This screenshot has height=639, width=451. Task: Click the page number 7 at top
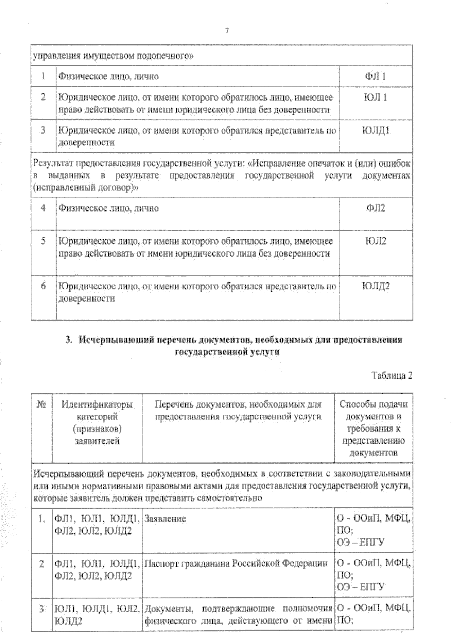tap(227, 30)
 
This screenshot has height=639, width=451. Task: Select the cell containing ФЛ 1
tap(375, 76)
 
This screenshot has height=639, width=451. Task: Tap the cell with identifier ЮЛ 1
tap(375, 97)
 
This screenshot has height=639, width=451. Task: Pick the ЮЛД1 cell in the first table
tap(375, 131)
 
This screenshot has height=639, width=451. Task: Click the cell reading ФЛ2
tap(375, 208)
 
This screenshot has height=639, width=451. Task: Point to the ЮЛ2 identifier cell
tap(375, 241)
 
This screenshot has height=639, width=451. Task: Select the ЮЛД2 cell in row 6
tap(375, 286)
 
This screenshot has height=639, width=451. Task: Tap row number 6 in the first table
tap(43, 286)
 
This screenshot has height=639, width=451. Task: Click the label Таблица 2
tap(392, 376)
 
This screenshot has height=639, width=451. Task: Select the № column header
tap(41, 405)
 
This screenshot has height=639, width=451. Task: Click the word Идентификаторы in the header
tap(97, 405)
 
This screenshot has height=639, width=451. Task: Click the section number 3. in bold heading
tap(68, 340)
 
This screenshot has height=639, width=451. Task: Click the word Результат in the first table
tap(53, 164)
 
